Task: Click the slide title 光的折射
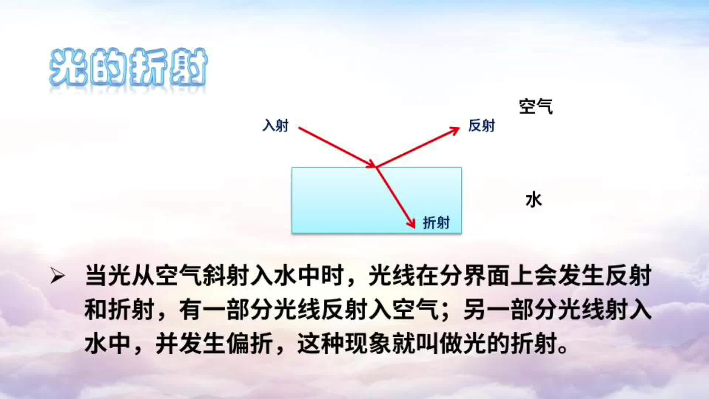(128, 68)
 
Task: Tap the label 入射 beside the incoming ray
(275, 126)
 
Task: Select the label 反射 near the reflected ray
(482, 126)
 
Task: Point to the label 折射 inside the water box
(436, 223)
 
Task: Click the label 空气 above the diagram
(536, 106)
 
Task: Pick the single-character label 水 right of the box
(534, 200)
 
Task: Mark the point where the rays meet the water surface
(376, 167)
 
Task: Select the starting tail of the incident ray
(299, 128)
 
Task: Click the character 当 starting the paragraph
(96, 276)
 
